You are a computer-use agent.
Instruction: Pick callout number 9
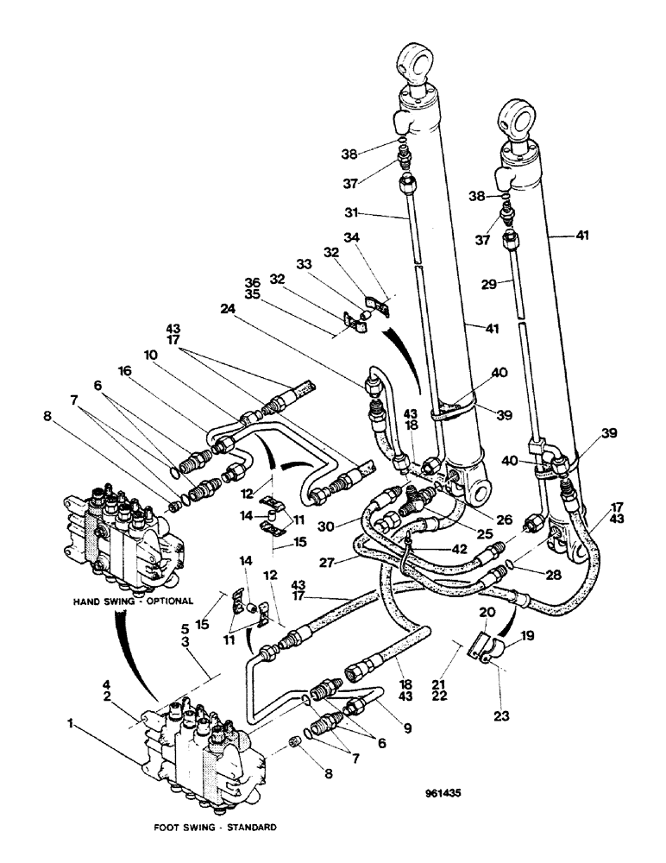click(408, 727)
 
